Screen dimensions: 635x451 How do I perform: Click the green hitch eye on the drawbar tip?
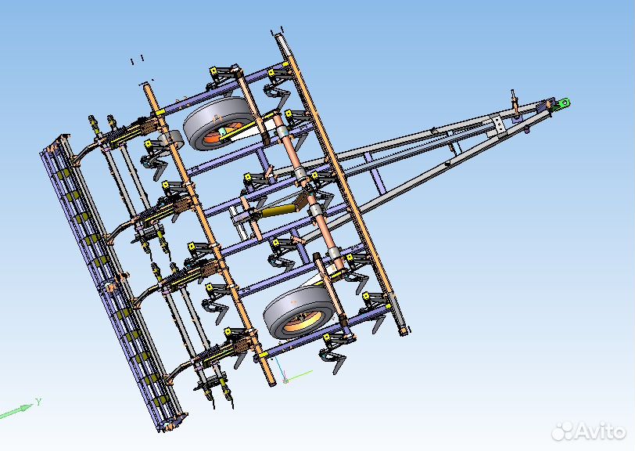pyautogui.click(x=563, y=103)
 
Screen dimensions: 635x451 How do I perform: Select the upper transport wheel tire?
pyautogui.click(x=219, y=121)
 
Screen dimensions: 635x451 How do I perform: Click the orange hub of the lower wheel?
pyautogui.click(x=302, y=319)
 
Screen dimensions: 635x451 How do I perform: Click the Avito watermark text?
pyautogui.click(x=601, y=431)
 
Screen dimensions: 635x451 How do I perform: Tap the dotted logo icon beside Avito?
pyautogui.click(x=563, y=431)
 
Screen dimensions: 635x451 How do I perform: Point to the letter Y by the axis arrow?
pyautogui.click(x=38, y=402)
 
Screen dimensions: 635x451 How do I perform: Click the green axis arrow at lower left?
pyautogui.click(x=16, y=410)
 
